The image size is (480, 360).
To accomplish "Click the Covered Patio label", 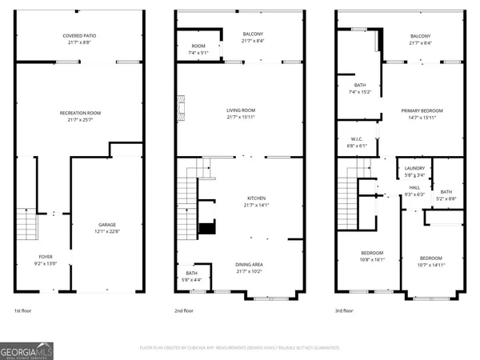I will [x=80, y=36].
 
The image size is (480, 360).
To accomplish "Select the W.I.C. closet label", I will [x=357, y=139].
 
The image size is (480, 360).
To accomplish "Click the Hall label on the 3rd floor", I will [x=414, y=188].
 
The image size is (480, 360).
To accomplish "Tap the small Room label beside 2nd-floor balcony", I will [x=198, y=46].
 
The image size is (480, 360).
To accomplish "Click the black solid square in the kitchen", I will [x=207, y=228].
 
